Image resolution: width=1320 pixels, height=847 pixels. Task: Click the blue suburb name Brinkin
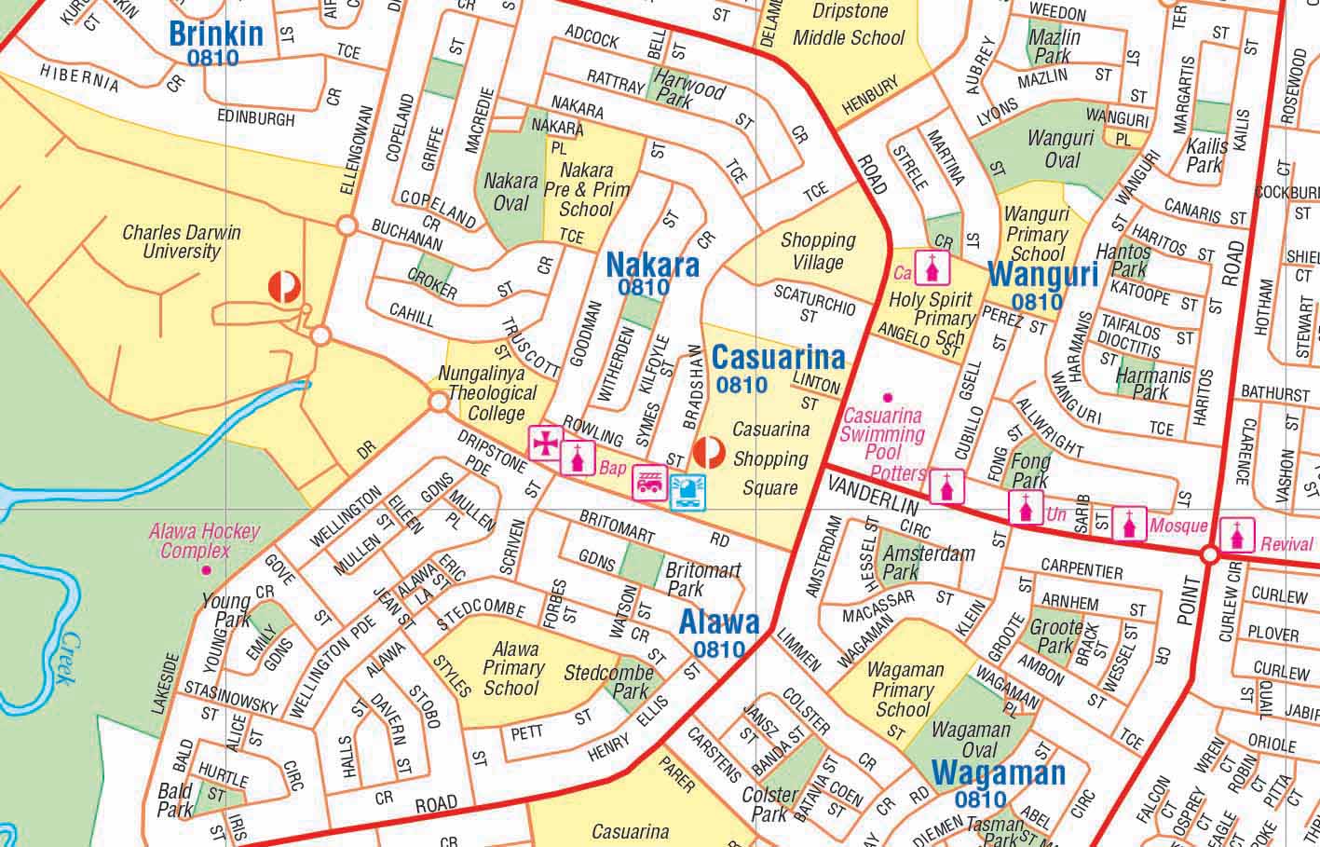[x=216, y=34]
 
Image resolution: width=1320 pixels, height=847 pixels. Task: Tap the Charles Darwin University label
[x=182, y=241]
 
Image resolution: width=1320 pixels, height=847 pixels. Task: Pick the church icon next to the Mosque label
[x=1129, y=525]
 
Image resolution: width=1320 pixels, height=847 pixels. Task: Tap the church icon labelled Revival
[x=1237, y=533]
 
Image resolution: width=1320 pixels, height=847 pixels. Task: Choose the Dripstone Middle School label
[x=848, y=26]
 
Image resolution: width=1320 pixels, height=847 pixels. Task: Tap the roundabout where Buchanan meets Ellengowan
[x=347, y=225]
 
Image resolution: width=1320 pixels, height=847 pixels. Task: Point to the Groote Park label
[x=1055, y=636]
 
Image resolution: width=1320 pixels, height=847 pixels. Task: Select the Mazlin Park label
[x=1055, y=47]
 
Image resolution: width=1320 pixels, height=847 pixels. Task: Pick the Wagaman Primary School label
[x=905, y=690]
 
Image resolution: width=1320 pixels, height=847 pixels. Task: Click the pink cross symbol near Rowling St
[x=545, y=443]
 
